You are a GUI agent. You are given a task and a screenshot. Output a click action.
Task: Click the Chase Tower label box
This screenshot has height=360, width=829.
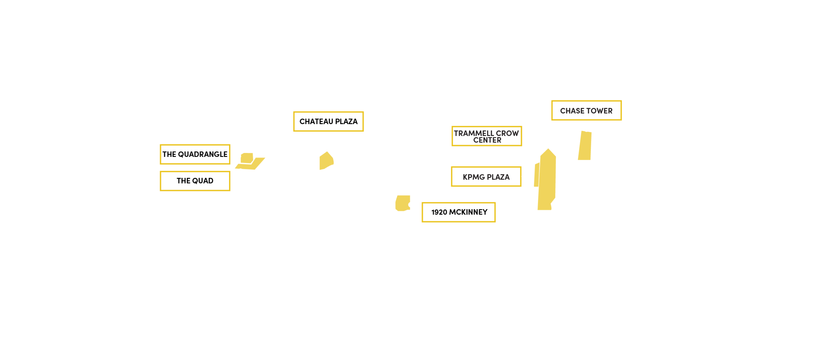pos(586,111)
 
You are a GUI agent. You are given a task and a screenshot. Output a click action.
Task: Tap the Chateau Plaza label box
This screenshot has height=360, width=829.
pos(328,121)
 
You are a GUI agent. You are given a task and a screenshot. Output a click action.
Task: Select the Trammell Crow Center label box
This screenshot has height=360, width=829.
pos(486,136)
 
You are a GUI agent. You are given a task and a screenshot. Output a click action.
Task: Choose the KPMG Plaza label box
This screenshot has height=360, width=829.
pos(486,177)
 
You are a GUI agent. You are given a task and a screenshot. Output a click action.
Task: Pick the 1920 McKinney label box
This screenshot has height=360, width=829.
pos(459,212)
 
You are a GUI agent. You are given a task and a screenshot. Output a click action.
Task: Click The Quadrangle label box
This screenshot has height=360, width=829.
pos(195,154)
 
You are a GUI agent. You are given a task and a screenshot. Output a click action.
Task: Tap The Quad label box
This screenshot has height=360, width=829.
pos(195,181)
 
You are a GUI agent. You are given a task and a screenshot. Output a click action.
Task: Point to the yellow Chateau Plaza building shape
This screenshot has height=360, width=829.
pos(326,161)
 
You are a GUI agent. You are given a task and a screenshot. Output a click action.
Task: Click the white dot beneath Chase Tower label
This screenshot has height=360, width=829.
pos(587,129)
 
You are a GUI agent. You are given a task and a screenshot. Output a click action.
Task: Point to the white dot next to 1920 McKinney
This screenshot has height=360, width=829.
pos(411,205)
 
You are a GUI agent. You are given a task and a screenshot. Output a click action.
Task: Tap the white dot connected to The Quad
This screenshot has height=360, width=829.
pos(240,171)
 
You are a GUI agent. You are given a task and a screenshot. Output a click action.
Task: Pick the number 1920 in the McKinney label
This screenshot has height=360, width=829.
pos(439,212)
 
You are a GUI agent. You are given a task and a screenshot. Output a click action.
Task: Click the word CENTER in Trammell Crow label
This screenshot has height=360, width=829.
pos(487,140)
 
